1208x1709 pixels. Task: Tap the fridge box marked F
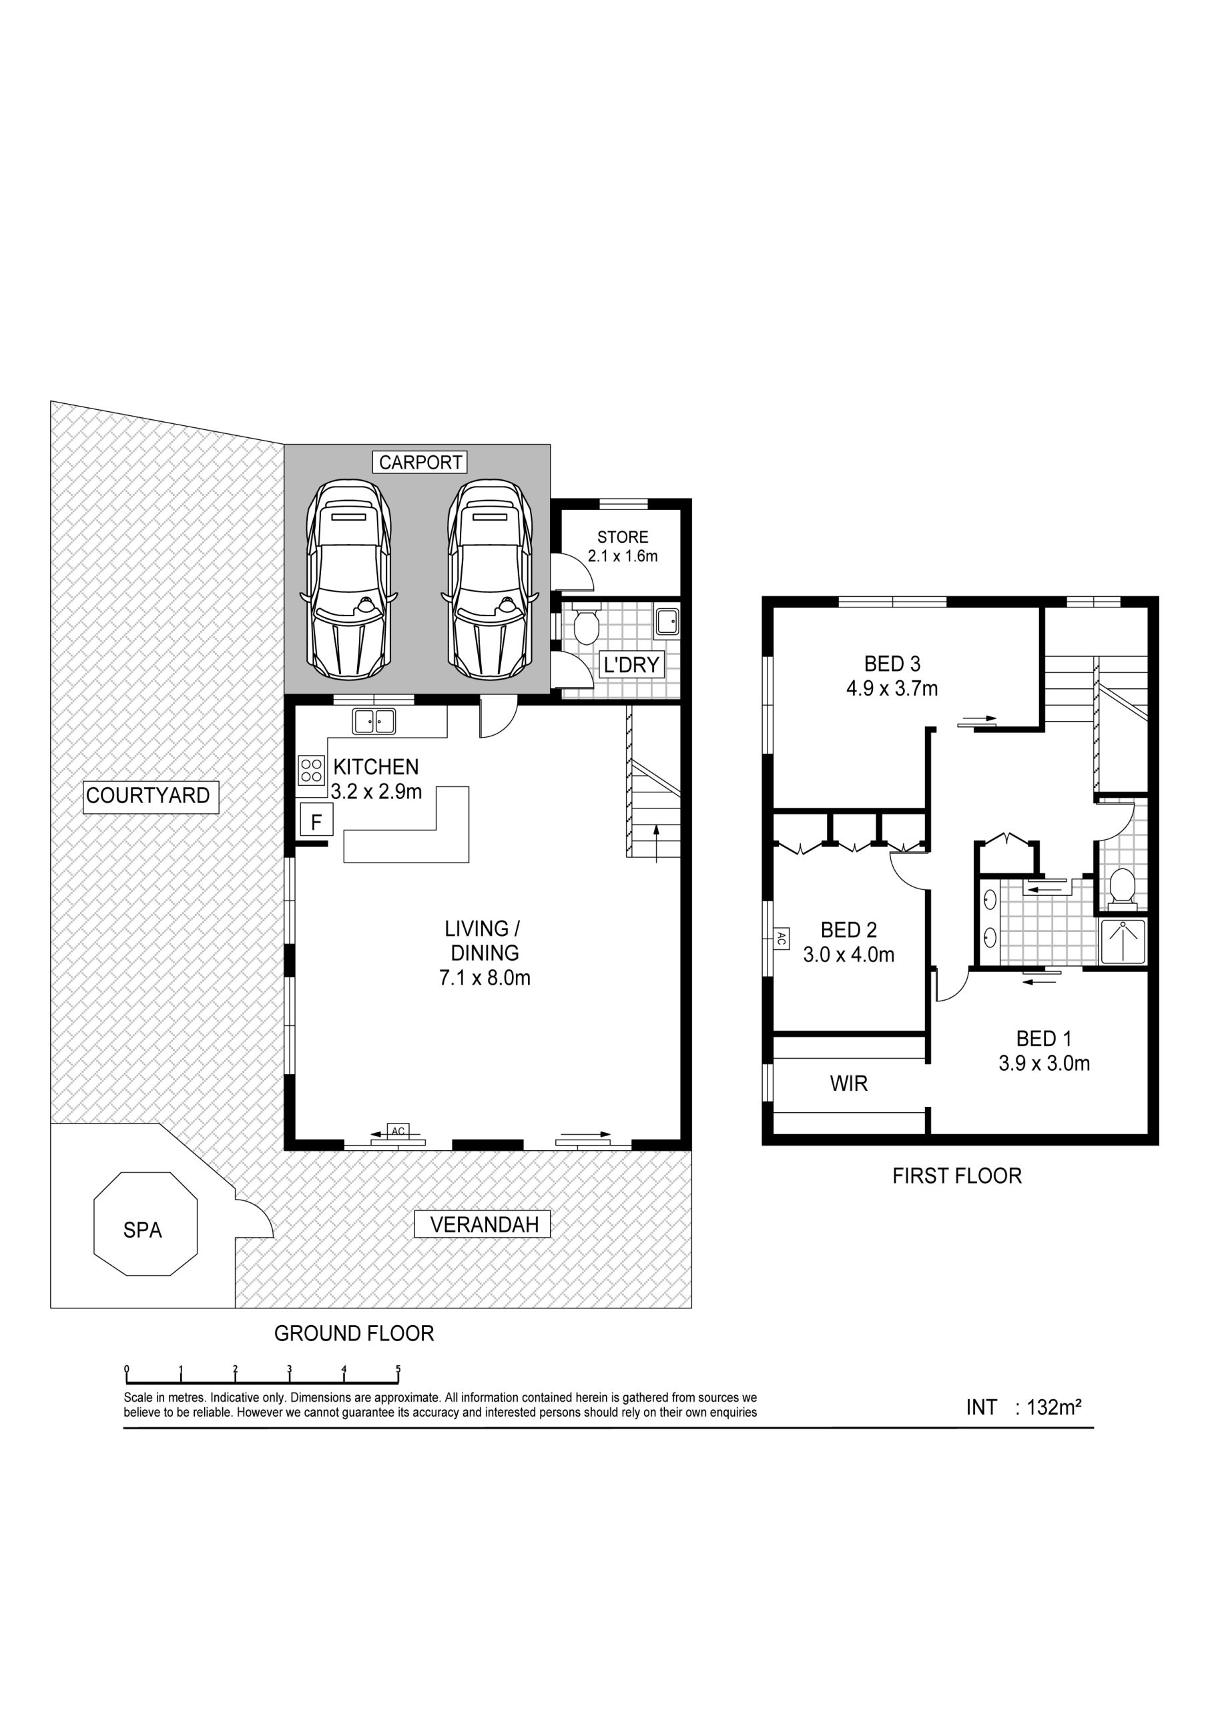point(316,822)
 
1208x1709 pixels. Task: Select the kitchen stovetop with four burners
point(312,770)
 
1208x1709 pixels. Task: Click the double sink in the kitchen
point(374,721)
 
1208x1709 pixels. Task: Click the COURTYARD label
point(149,796)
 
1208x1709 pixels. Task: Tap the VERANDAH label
point(485,1224)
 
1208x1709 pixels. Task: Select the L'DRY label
point(631,665)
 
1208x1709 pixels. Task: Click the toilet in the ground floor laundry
point(587,627)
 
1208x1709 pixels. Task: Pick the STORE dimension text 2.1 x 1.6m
point(623,556)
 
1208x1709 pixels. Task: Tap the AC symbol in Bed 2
point(781,939)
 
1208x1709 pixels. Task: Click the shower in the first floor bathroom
point(1124,943)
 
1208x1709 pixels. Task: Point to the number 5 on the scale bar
point(398,1368)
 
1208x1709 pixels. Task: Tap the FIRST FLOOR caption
point(957,1176)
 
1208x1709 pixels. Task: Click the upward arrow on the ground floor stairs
point(656,843)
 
